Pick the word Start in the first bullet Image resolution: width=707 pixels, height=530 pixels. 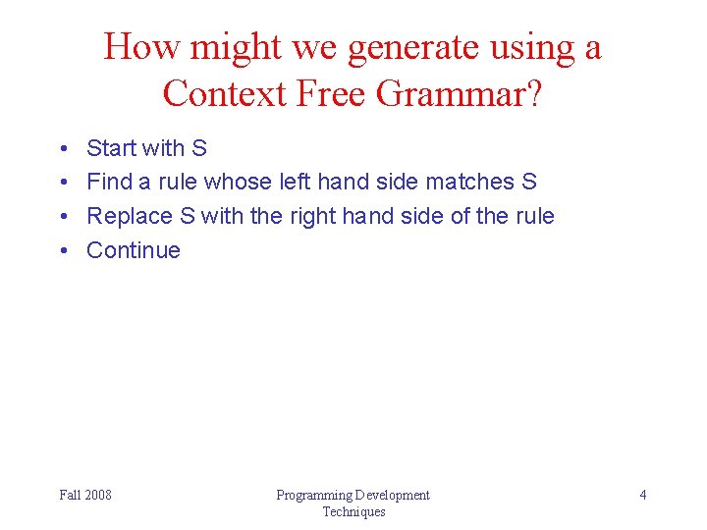tap(111, 148)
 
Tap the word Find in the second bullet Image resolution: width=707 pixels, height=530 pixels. tap(107, 182)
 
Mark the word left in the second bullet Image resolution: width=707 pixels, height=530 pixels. tap(287, 182)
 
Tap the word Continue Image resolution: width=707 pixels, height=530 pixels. tap(134, 250)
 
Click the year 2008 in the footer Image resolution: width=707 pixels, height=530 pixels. tap(98, 495)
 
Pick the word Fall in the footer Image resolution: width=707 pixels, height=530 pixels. tap(70, 495)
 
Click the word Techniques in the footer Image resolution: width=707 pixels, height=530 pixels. tap(353, 511)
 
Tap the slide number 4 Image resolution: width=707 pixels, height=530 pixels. tap(643, 495)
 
